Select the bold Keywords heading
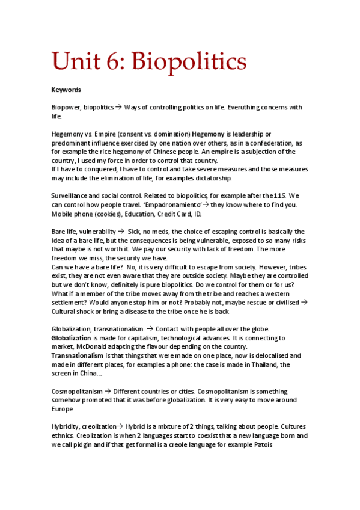(66, 90)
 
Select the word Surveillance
(71, 196)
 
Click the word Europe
(63, 409)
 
